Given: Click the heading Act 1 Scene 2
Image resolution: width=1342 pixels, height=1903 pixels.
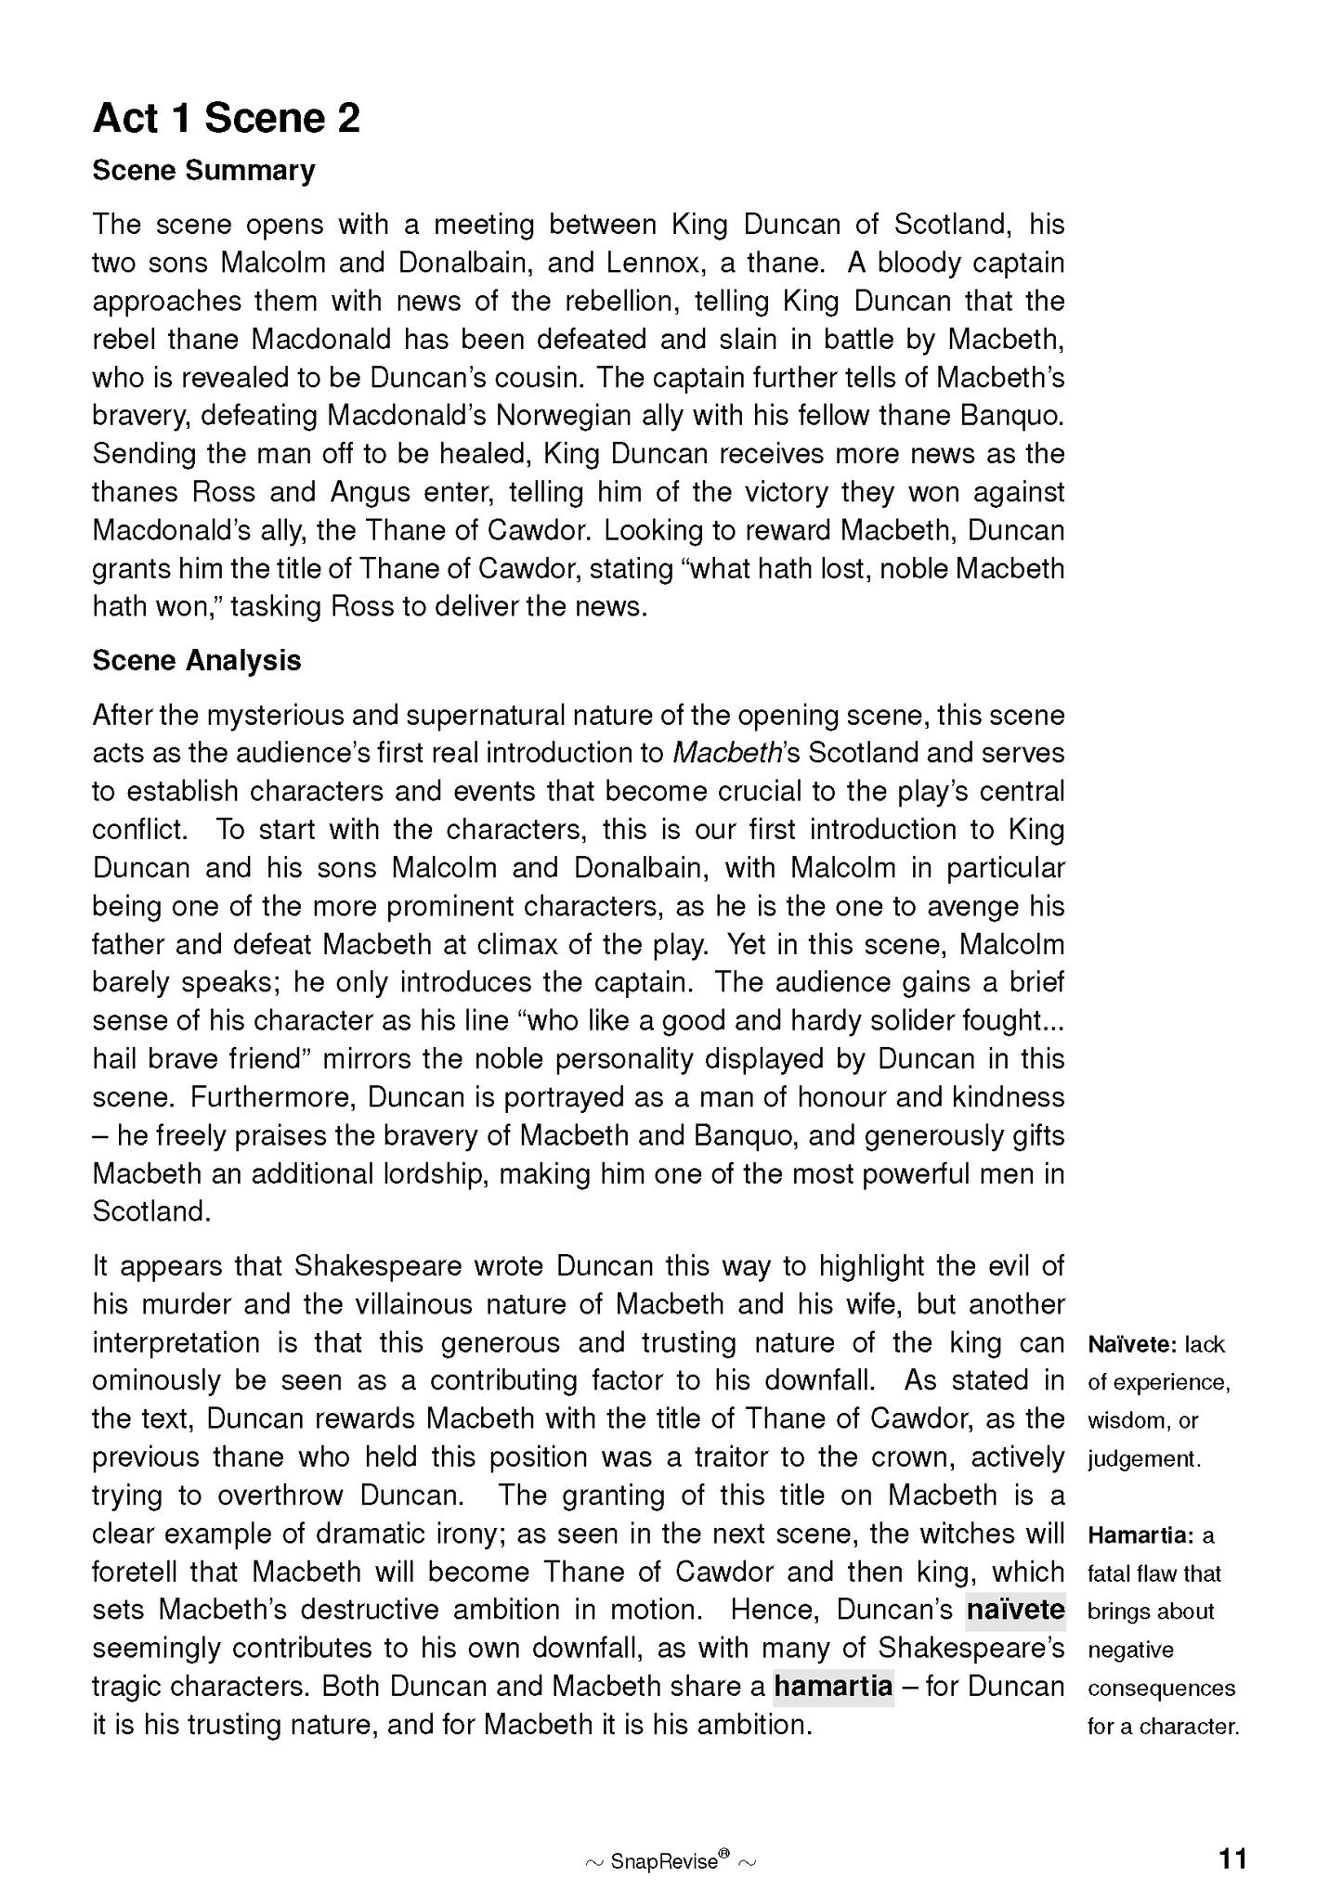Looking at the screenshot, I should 226,119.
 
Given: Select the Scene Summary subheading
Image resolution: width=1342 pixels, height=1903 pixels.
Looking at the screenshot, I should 203,171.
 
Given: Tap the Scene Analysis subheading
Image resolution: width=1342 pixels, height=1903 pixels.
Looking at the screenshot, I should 197,660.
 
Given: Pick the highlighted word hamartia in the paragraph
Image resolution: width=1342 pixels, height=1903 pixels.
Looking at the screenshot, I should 833,1685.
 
